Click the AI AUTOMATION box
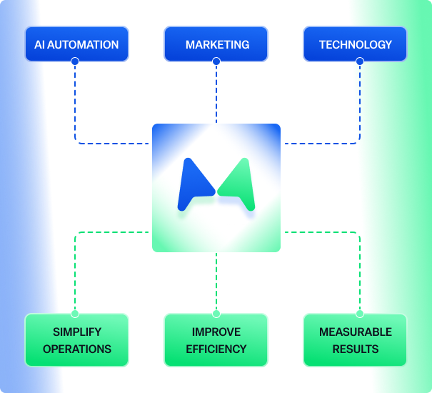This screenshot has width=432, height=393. (x=76, y=44)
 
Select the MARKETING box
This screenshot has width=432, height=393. (x=217, y=44)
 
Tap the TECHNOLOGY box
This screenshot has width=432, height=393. (x=355, y=44)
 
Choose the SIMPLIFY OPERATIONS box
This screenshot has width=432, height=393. (x=76, y=340)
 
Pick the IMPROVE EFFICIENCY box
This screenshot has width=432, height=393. (x=216, y=340)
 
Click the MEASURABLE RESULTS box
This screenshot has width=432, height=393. (x=355, y=340)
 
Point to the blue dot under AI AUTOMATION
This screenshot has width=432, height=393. (x=75, y=61)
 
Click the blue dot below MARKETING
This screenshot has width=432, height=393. (x=216, y=61)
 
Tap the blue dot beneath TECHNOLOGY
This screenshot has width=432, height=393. (x=359, y=61)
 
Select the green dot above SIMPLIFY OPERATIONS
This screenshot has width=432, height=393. (x=75, y=313)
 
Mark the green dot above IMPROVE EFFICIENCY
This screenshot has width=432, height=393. (x=216, y=313)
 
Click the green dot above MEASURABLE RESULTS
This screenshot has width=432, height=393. (x=359, y=313)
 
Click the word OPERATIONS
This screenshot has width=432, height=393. (x=77, y=349)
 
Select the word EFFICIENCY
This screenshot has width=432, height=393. (x=216, y=349)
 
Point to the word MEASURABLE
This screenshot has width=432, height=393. (x=355, y=332)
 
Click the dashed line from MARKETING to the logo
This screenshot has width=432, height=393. (x=216, y=93)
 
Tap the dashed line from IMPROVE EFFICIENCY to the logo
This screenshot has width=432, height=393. (x=216, y=282)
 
